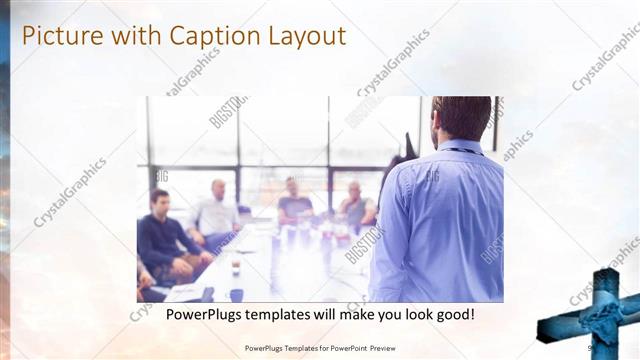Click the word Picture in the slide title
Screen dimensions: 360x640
tap(60, 37)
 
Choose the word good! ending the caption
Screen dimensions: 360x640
tap(452, 314)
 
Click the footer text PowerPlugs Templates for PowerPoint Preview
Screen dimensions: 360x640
tap(319, 348)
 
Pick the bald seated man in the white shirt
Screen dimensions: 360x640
tap(216, 211)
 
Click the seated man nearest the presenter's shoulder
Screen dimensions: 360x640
tap(355, 205)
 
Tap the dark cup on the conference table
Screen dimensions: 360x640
tap(235, 268)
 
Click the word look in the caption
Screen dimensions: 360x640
tap(414, 314)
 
